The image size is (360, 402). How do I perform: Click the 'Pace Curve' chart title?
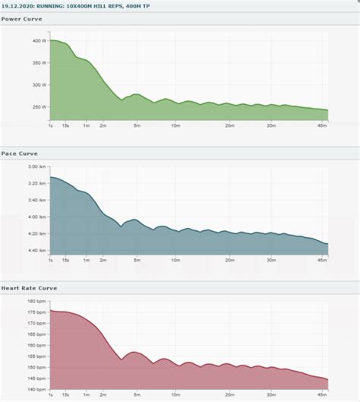pyautogui.click(x=19, y=153)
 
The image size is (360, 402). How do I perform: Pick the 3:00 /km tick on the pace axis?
pyautogui.click(x=37, y=166)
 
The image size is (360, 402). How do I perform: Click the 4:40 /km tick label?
pyautogui.click(x=37, y=250)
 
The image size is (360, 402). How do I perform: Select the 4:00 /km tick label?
pyautogui.click(x=37, y=217)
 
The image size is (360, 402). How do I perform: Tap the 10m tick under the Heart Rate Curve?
pyautogui.click(x=175, y=396)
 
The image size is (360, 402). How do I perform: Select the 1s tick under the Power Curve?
pyautogui.click(x=50, y=125)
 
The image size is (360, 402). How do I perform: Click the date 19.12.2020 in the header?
pyautogui.click(x=17, y=5)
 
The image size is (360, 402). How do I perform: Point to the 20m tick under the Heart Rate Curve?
pyautogui.click(x=230, y=396)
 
